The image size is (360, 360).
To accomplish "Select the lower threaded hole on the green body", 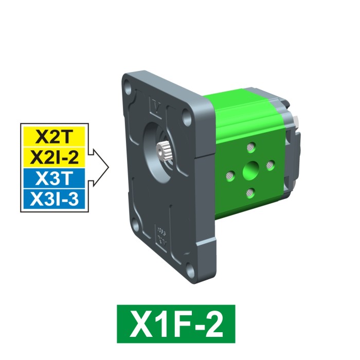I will pyautogui.click(x=250, y=192).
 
